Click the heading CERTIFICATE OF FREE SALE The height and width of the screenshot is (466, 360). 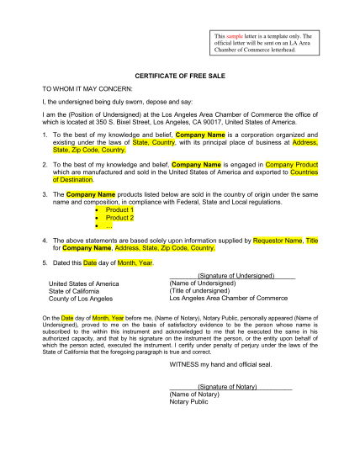[x=180, y=76]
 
